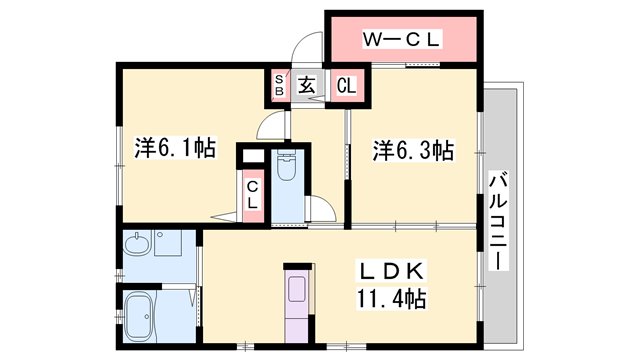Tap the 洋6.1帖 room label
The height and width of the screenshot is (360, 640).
click(175, 149)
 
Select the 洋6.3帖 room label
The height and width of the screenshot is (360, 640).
click(414, 151)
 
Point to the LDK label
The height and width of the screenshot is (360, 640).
click(394, 270)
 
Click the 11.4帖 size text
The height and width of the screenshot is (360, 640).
click(392, 297)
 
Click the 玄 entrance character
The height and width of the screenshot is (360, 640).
click(306, 86)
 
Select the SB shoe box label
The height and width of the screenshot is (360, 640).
click(280, 86)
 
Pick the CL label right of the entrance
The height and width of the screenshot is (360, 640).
click(346, 86)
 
